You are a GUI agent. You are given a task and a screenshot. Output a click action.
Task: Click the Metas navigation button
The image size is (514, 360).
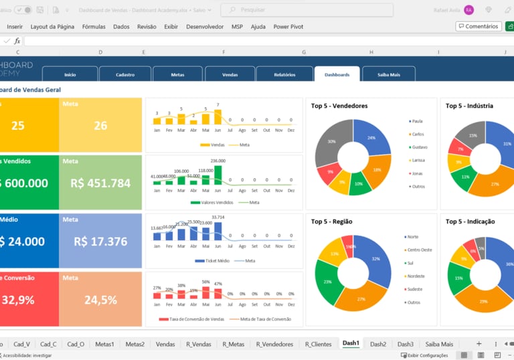click(x=177, y=74)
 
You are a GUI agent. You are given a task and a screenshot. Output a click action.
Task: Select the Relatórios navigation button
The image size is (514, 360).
click(x=284, y=74)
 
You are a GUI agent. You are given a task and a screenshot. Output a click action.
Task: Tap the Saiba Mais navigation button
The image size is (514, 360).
click(x=388, y=74)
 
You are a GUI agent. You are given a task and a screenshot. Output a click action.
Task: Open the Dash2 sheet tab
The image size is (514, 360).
click(x=378, y=344)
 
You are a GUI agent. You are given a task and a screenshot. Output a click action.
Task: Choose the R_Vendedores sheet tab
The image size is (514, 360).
click(x=274, y=344)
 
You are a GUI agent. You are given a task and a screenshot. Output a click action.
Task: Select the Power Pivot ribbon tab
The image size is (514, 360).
click(x=288, y=27)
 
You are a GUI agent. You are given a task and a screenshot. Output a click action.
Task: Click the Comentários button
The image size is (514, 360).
click(x=479, y=27)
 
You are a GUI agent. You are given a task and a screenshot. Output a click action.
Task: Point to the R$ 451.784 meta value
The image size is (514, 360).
click(x=100, y=183)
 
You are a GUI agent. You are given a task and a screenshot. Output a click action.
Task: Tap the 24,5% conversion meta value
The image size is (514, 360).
click(x=100, y=300)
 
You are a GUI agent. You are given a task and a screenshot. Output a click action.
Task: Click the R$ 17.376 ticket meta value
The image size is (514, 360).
click(x=100, y=242)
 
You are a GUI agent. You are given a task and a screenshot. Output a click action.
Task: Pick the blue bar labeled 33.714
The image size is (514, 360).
click(x=218, y=230)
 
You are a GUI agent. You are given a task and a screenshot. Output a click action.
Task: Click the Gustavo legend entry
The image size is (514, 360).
click(x=418, y=147)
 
